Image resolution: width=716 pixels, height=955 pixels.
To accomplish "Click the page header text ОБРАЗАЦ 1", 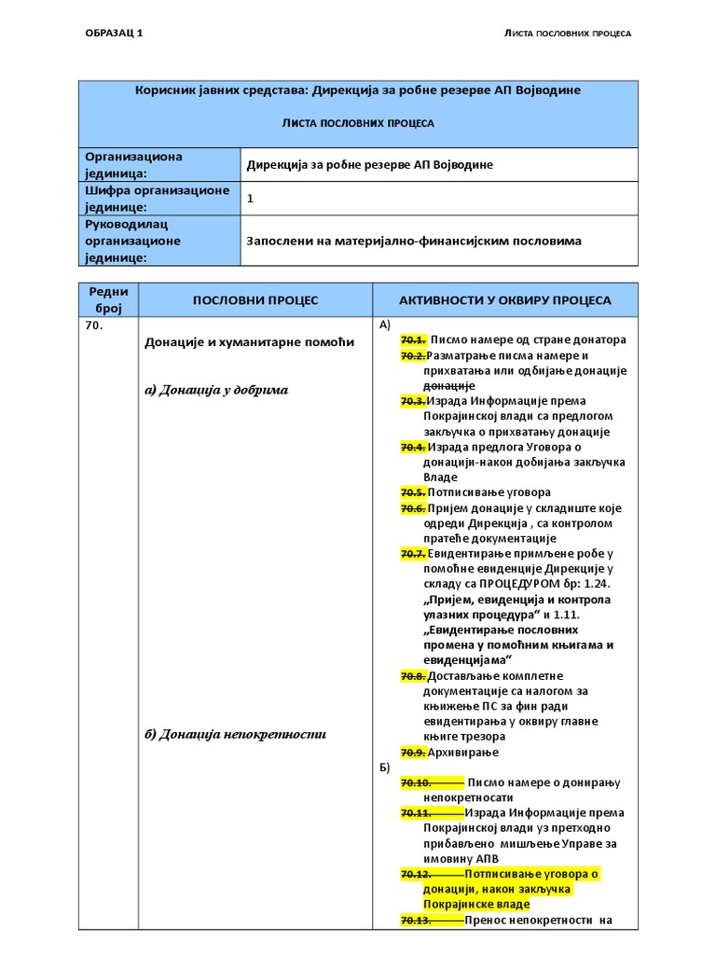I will pyautogui.click(x=115, y=34).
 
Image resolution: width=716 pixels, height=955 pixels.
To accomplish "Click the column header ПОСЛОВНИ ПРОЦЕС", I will pyautogui.click(x=255, y=300).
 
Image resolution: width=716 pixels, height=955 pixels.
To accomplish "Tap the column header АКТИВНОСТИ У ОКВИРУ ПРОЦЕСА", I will pyautogui.click(x=505, y=300).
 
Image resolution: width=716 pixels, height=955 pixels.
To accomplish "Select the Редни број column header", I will pyautogui.click(x=108, y=300).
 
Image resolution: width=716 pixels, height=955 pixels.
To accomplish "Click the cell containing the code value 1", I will pyautogui.click(x=250, y=199).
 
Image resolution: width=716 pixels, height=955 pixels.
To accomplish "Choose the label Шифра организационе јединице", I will pyautogui.click(x=157, y=199).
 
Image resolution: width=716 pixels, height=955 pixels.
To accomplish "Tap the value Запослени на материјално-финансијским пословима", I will pyautogui.click(x=413, y=241).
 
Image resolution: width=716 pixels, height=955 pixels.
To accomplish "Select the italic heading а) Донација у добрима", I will pyautogui.click(x=215, y=390).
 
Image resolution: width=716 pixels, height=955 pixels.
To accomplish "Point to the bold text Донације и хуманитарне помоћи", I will pyautogui.click(x=249, y=342).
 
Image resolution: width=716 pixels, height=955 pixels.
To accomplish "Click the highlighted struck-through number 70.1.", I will pyautogui.click(x=413, y=340).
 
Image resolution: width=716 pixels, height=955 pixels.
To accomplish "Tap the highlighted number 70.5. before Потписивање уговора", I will pyautogui.click(x=413, y=492).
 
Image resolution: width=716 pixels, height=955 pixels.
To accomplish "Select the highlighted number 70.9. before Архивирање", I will pyautogui.click(x=413, y=752).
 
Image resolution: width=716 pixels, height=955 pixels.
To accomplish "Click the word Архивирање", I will pyautogui.click(x=463, y=752).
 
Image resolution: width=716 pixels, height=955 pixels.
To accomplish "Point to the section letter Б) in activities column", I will pyautogui.click(x=385, y=767).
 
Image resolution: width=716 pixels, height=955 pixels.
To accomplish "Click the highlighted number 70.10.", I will pyautogui.click(x=415, y=782).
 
